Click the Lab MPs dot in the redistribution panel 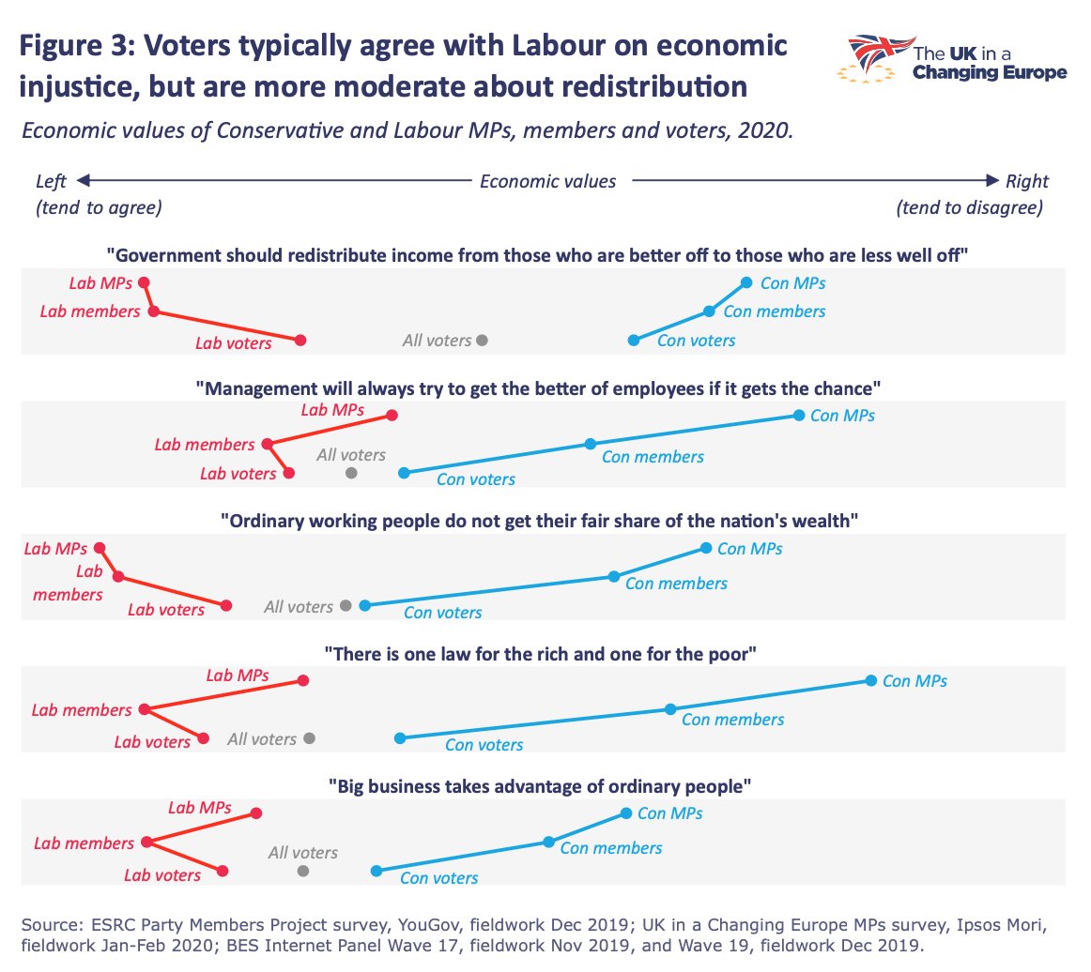pos(144,282)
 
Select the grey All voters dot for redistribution pos(482,341)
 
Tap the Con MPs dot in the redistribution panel pos(746,282)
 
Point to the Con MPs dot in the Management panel pos(798,416)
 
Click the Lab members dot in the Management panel pos(268,444)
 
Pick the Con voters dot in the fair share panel pos(364,605)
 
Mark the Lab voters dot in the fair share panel pos(226,606)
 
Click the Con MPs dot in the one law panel pos(870,680)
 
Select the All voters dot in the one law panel pos(310,738)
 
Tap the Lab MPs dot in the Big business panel pos(256,813)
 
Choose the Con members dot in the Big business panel pos(548,843)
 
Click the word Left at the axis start pos(52,181)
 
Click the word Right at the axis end pos(1026,181)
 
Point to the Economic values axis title pos(547,181)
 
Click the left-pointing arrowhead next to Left pos(83,181)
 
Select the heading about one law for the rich pos(540,654)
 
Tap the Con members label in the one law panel pos(732,720)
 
